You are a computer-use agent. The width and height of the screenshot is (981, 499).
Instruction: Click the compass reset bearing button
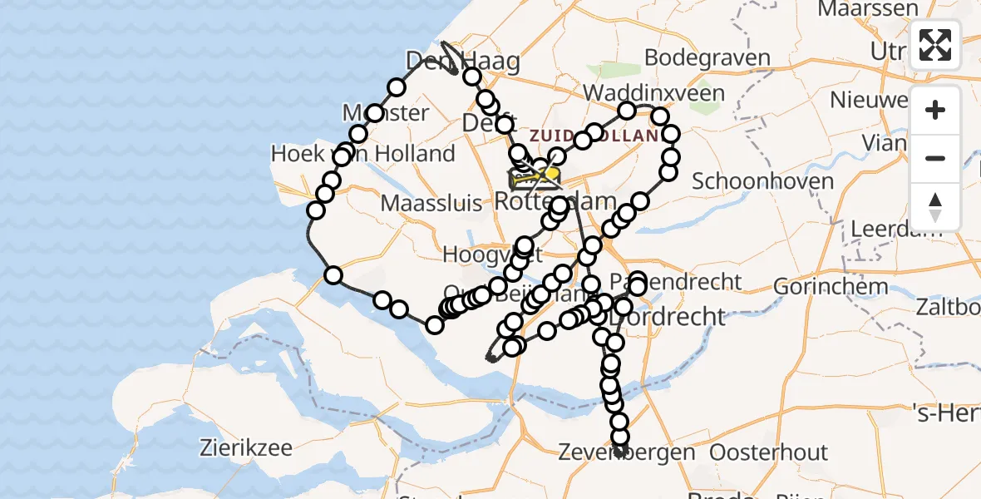point(935,207)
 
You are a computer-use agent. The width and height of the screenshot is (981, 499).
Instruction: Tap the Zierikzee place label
point(246,448)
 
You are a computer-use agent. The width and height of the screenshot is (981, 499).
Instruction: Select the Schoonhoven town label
point(762,181)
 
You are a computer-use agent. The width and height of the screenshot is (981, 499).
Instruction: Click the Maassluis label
point(431,202)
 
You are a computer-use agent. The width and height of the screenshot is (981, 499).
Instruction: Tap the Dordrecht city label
point(667,317)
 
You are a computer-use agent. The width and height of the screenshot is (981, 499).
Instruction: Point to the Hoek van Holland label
point(362,154)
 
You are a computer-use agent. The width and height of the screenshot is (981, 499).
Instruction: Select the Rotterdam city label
point(555,201)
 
